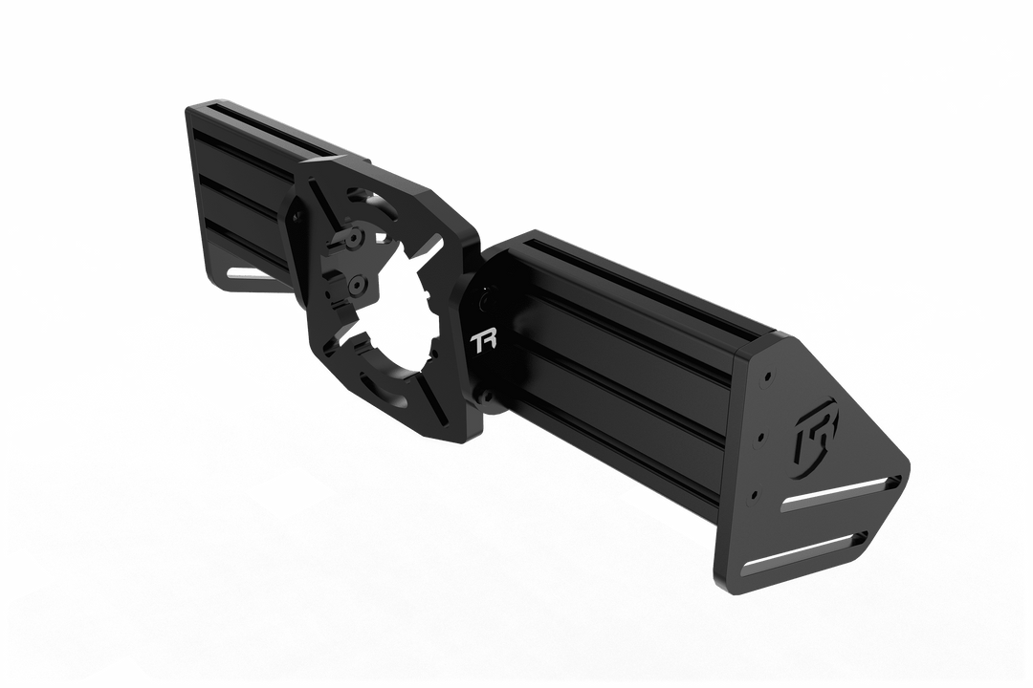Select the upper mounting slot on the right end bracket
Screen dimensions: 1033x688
[x=841, y=494]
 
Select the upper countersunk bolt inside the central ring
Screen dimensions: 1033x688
[x=356, y=236]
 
